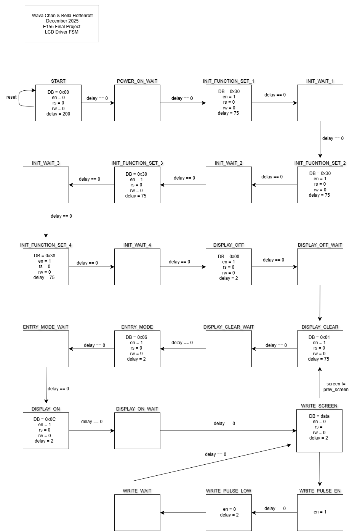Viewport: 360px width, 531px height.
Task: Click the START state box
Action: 58,103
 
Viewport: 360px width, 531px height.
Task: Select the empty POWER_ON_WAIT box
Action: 137,103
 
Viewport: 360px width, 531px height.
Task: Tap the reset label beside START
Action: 11,97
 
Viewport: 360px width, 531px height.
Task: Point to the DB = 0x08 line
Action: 229,257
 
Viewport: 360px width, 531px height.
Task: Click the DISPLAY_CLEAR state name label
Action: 320,327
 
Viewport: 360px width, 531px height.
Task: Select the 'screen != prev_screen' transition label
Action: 336,387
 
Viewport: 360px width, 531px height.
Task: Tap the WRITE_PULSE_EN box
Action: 320,512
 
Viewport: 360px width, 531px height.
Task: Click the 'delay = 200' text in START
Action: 58,114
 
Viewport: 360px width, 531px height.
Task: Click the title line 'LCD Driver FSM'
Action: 62,32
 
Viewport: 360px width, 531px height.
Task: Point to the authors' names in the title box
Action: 62,16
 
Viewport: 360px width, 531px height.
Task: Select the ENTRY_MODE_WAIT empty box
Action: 46,349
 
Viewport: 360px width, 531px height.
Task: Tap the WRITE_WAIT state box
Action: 137,512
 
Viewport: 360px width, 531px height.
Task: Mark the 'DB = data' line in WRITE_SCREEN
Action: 319,416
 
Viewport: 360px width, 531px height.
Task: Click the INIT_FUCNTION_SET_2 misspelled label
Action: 320,163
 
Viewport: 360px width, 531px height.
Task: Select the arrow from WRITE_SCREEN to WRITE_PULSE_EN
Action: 320,469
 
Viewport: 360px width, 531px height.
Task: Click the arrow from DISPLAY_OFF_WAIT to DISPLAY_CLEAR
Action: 320,303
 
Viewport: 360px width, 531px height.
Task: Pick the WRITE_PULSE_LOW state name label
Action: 229,491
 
